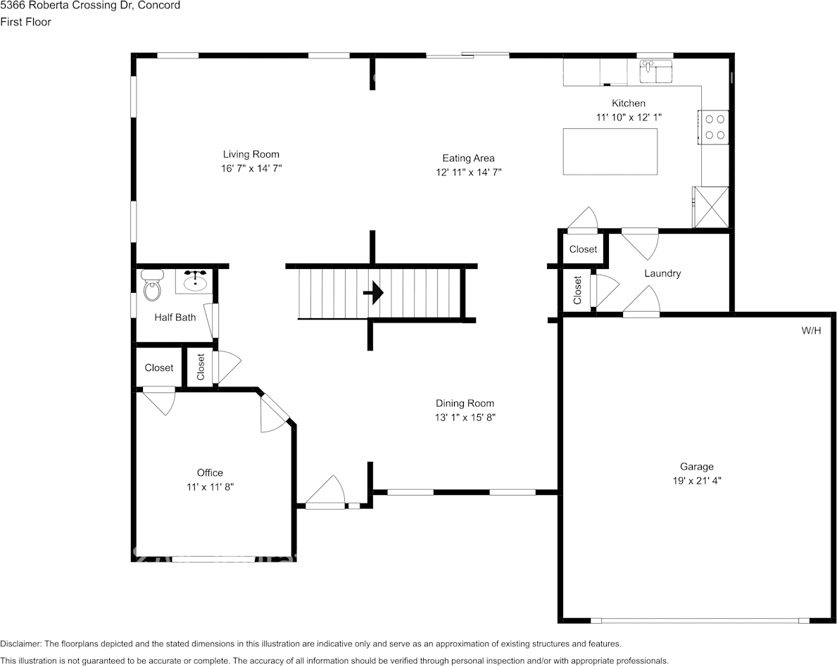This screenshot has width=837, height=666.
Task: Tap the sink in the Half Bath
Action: [x=194, y=282]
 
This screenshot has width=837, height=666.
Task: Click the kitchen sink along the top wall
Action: [x=655, y=70]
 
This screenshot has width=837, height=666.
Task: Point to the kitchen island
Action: [x=610, y=151]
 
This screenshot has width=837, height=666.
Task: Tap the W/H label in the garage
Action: [x=811, y=330]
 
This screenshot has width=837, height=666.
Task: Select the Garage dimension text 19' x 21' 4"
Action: [x=696, y=481]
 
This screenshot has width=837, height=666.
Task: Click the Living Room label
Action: [x=251, y=154]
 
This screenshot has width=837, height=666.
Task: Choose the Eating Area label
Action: [x=468, y=158]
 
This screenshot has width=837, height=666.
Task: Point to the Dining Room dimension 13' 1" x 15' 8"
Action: [x=465, y=417]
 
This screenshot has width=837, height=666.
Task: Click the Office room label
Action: [x=210, y=472]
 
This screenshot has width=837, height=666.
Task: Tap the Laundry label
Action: [x=662, y=273]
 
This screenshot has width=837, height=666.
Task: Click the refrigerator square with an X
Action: [x=710, y=206]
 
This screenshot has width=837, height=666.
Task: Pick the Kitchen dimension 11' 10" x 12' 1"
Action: [x=629, y=118]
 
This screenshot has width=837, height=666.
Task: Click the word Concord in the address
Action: [x=159, y=6]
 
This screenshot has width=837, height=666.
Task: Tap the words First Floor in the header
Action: [x=25, y=22]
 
